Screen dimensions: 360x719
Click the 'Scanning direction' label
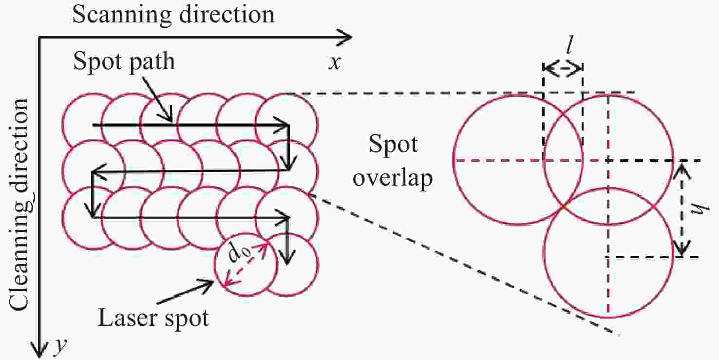173,15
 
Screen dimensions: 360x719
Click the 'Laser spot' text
153,318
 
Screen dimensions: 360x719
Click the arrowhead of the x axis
345,37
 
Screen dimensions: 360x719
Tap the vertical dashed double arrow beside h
684,208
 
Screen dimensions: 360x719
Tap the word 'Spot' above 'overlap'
394,145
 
